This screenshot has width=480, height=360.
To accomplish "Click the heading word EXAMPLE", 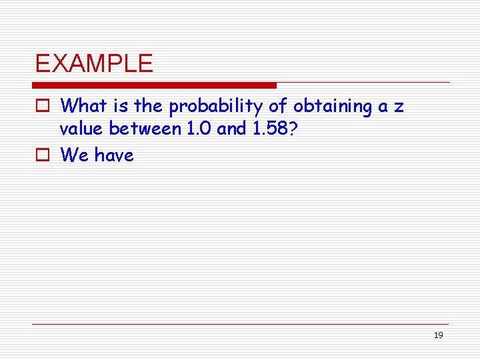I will [x=94, y=63].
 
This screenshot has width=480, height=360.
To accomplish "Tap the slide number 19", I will [x=438, y=335].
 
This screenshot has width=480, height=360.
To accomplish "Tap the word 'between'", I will [x=139, y=129].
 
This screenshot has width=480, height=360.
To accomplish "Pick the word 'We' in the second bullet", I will [x=75, y=155].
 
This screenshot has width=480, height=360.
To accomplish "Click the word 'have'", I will [x=114, y=155].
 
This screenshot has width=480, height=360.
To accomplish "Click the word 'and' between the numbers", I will [x=231, y=129].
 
